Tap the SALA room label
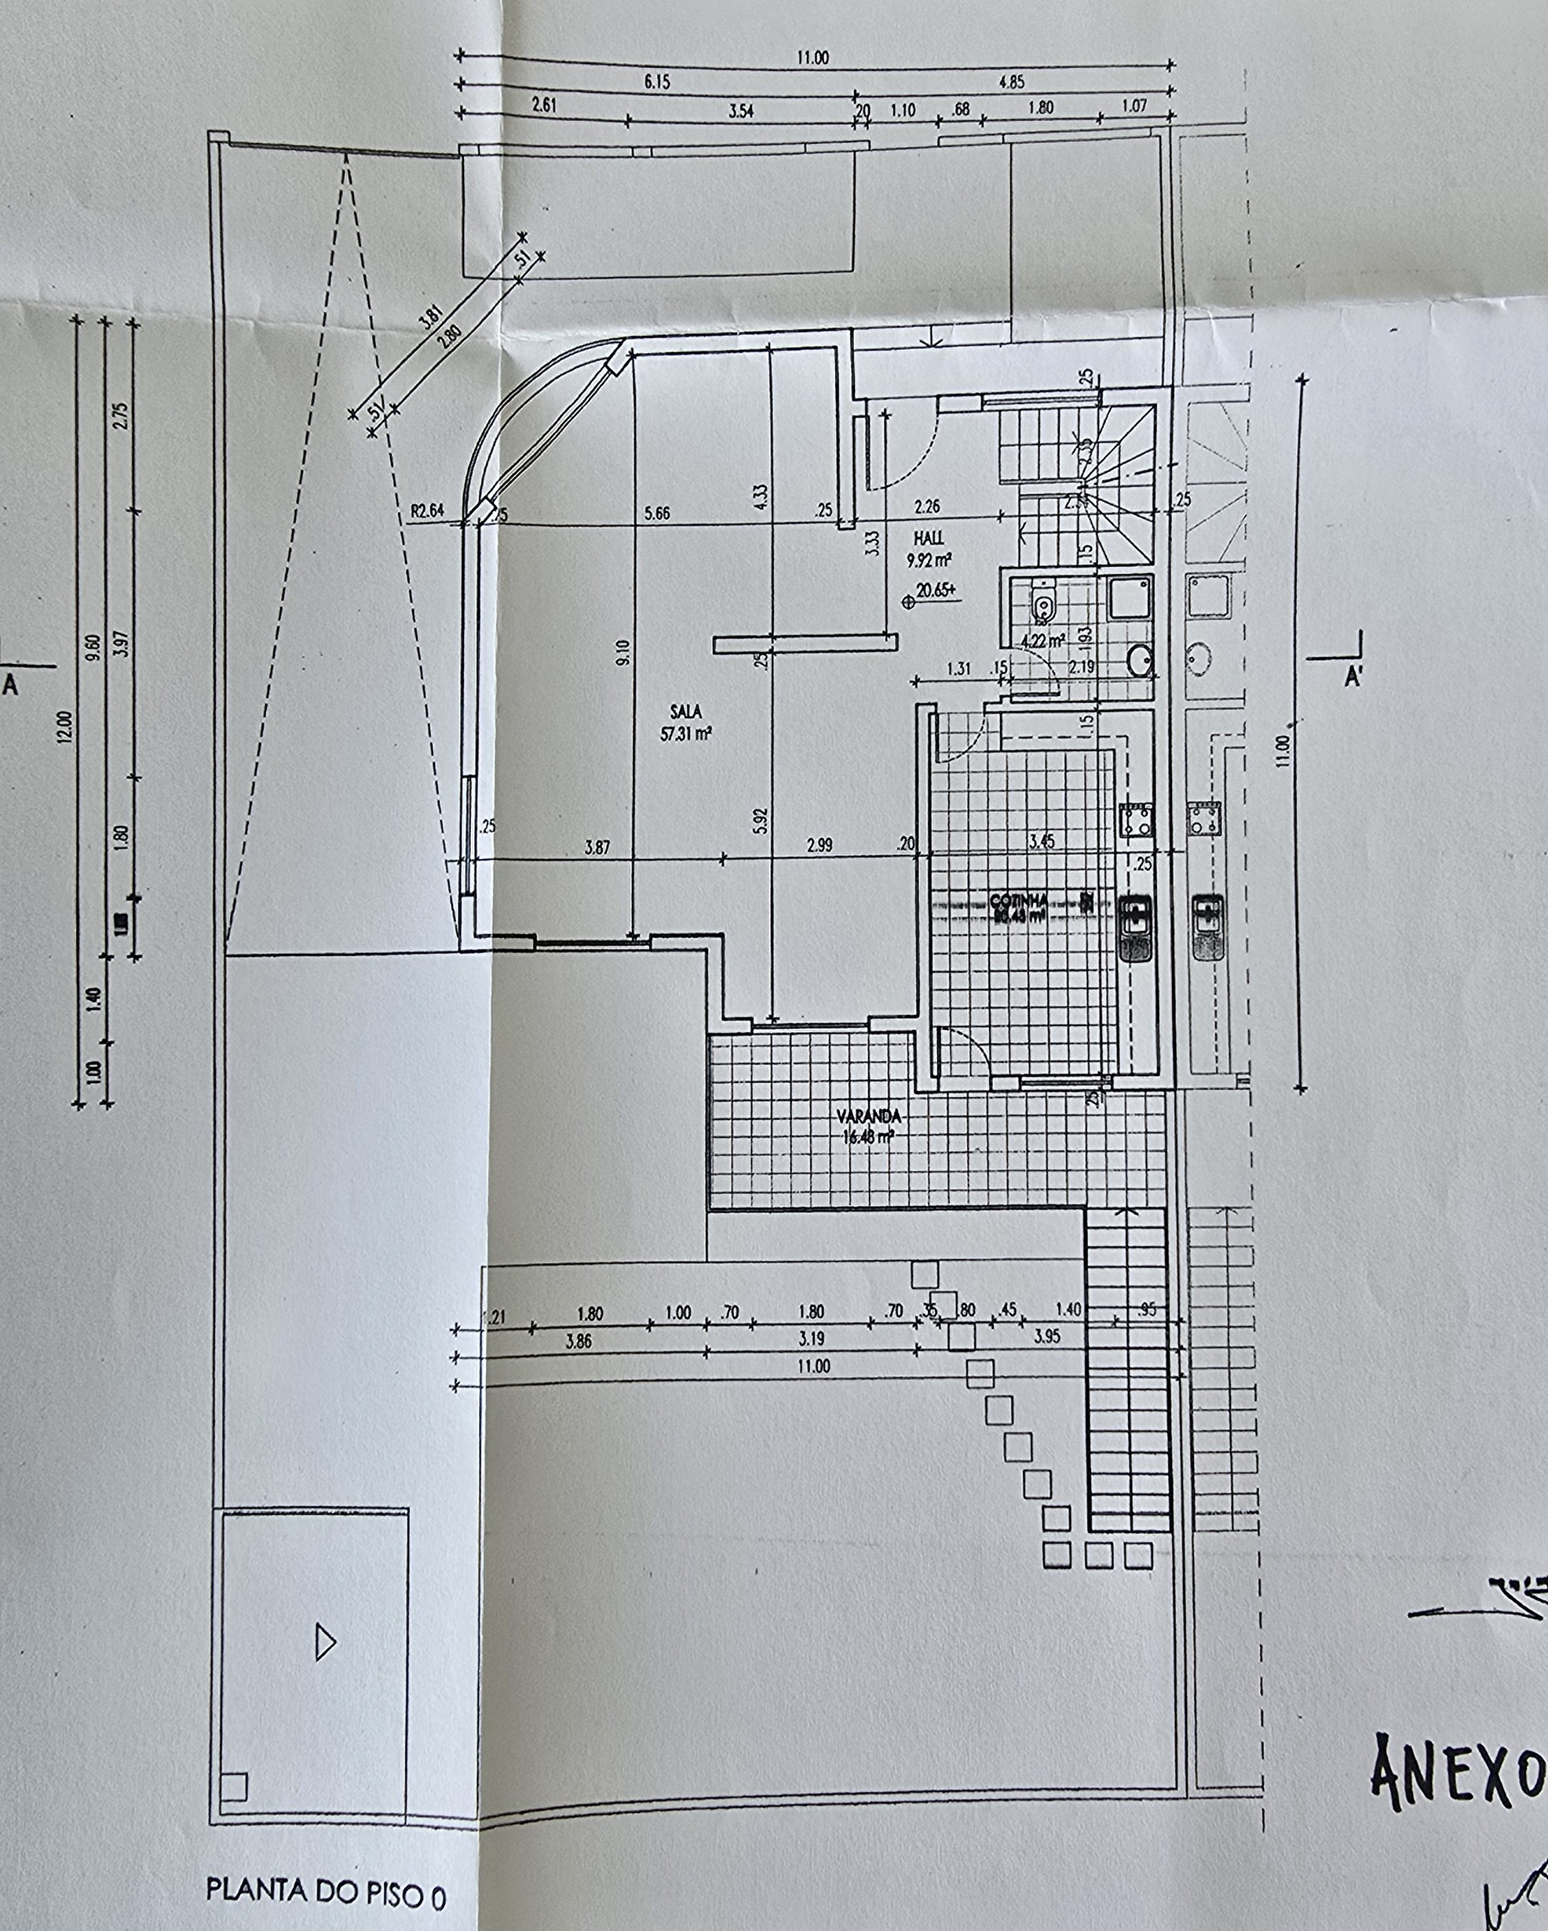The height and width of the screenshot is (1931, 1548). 685,712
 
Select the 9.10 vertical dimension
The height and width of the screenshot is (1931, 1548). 624,651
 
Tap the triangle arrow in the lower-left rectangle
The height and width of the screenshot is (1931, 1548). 325,1644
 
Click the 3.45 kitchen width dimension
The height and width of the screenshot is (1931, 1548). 1043,841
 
